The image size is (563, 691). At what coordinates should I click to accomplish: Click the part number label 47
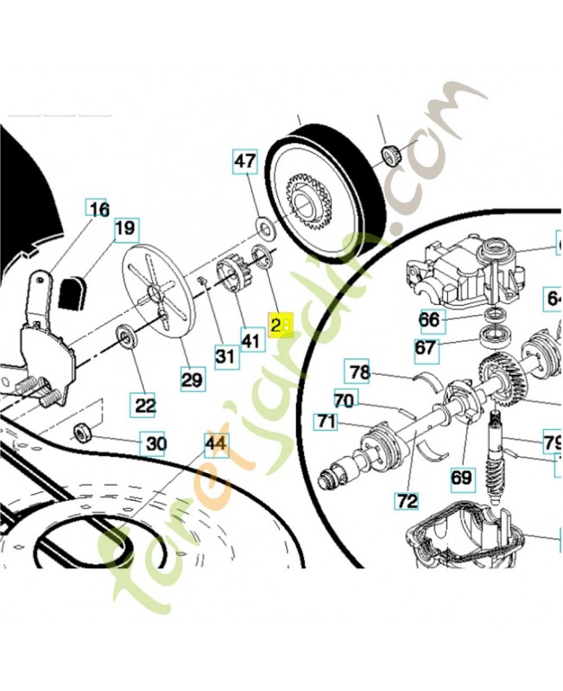[x=245, y=162]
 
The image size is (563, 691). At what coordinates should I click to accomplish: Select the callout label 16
[x=98, y=209]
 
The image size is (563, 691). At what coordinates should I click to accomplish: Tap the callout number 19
[x=126, y=230]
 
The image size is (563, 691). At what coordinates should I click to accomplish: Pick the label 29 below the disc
[x=192, y=378]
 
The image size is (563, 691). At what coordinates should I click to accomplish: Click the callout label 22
[x=144, y=404]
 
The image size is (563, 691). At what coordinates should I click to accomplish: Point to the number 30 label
[x=155, y=445]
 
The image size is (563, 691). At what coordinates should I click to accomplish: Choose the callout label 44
[x=216, y=445]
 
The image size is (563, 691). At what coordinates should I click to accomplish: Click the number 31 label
[x=225, y=355]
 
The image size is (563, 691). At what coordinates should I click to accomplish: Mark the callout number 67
[x=427, y=348]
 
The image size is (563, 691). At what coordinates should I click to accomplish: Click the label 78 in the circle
[x=358, y=372]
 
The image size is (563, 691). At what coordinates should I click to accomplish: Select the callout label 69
[x=462, y=477]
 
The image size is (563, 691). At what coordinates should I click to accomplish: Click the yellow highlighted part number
[x=281, y=325]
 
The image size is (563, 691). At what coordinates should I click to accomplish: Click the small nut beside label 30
[x=84, y=433]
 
